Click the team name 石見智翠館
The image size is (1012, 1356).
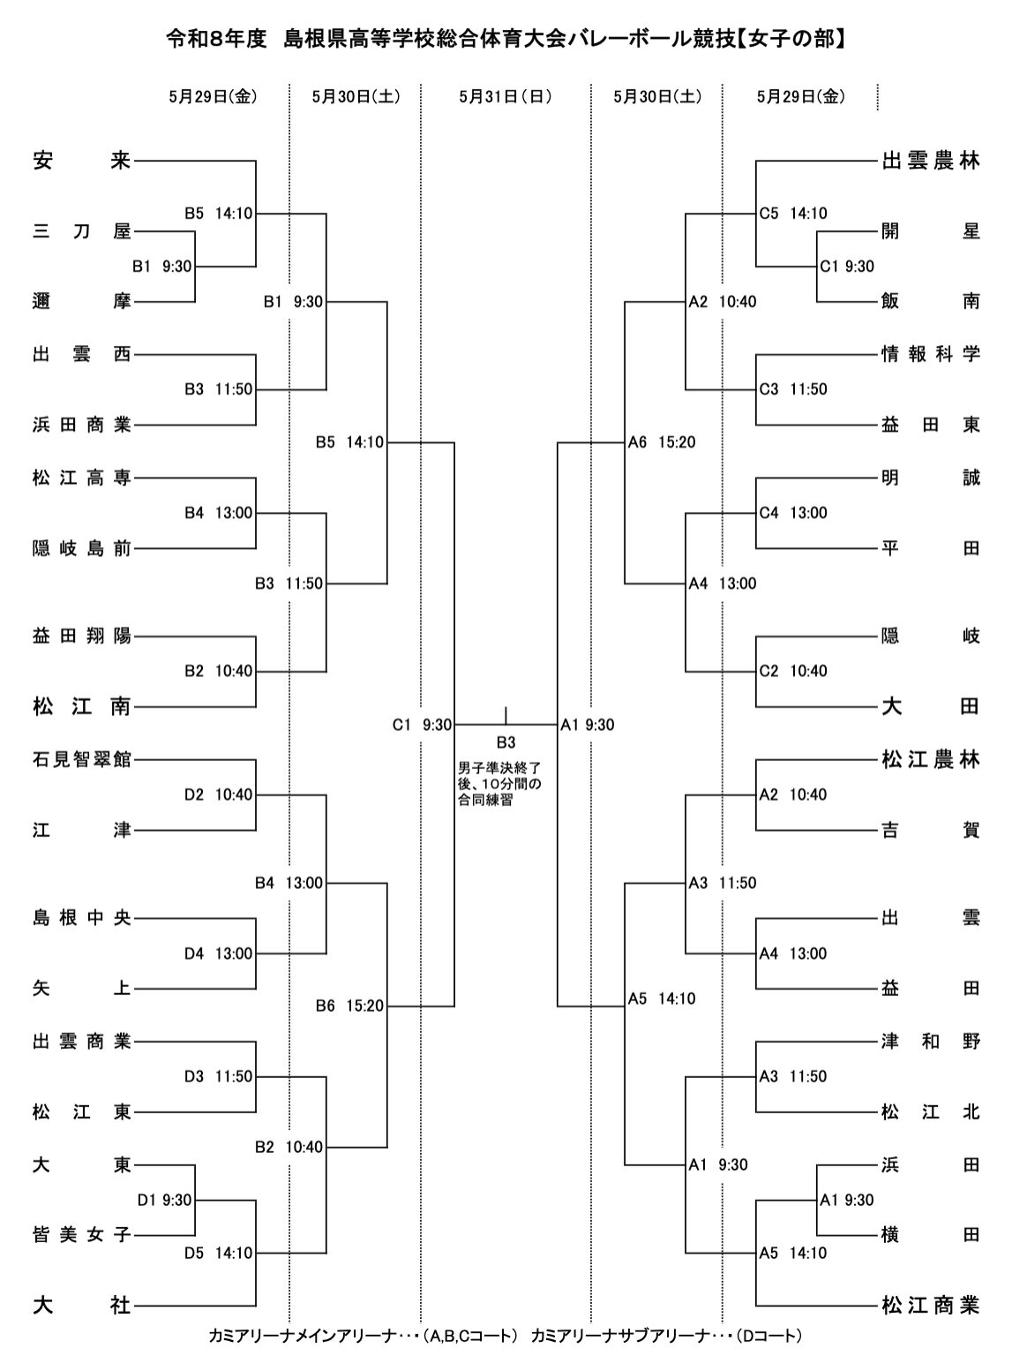[82, 758]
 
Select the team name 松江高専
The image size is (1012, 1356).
[82, 478]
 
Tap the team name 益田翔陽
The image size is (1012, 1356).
[82, 636]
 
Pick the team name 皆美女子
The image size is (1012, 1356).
[82, 1234]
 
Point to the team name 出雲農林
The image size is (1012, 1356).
[931, 162]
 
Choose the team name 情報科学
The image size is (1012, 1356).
[931, 355]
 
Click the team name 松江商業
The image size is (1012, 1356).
[931, 1305]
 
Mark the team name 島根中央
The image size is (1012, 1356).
[82, 918]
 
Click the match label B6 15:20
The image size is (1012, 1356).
[350, 1006]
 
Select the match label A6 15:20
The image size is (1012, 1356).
[662, 442]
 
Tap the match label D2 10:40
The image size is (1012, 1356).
[218, 795]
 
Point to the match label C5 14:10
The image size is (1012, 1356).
[793, 214]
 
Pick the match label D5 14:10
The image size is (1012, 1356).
[218, 1253]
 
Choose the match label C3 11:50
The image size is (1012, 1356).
[793, 389]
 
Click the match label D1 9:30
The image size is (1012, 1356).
[165, 1200]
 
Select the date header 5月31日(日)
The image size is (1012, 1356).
[505, 97]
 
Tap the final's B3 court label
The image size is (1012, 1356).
[506, 742]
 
